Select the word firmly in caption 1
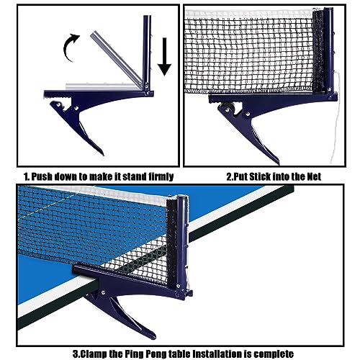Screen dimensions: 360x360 pos(153,175)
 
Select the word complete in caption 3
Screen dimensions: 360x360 pos(277,354)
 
